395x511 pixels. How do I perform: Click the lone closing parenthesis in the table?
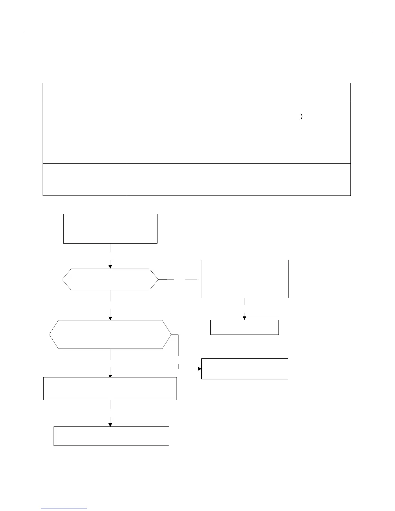pos(301,117)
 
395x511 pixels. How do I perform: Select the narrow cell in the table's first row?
pos(85,92)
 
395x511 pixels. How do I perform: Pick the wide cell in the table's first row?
pos(238,92)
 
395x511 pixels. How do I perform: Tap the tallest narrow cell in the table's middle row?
pos(85,132)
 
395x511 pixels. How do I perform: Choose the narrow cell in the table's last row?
pos(85,179)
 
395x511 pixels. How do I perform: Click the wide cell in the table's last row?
pos(238,179)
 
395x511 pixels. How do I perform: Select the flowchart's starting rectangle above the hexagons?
pos(110,228)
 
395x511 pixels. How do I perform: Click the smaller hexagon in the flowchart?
pos(110,279)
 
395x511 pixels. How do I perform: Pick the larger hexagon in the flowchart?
pos(110,334)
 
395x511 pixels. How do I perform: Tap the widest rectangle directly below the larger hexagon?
pos(110,388)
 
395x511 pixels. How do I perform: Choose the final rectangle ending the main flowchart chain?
pos(111,436)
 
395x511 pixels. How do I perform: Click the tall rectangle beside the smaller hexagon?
pos(244,279)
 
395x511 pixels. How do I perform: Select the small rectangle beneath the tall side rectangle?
pos(244,327)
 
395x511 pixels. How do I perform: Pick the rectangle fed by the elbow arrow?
pos(244,368)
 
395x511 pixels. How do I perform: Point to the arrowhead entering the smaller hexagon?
pos(110,267)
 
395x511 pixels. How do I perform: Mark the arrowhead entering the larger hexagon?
pos(110,318)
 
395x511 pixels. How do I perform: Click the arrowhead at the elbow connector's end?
pos(199,368)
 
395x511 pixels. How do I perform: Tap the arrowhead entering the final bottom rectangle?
pos(110,425)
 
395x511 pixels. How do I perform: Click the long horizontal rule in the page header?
pos(198,32)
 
